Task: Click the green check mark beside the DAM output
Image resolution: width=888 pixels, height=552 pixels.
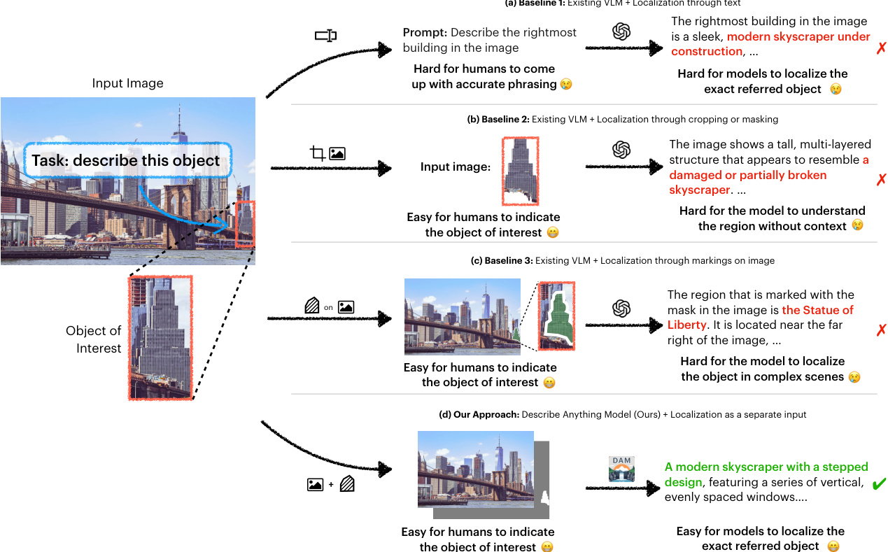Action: coord(880,483)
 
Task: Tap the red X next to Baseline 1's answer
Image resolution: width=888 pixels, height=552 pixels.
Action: coord(881,48)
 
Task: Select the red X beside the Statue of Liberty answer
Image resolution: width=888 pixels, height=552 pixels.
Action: coord(881,330)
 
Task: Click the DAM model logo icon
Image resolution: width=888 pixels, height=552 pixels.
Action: coord(621,468)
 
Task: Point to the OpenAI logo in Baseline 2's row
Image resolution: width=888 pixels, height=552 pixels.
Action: coord(621,150)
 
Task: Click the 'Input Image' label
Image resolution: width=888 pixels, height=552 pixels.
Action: coord(127,83)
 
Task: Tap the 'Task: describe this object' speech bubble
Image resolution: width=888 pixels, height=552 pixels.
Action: coord(126,160)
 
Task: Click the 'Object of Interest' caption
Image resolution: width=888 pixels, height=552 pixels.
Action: coord(94,339)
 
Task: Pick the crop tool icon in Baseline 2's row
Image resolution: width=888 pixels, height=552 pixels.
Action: coord(318,153)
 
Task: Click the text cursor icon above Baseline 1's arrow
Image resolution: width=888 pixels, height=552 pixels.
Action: coord(325,36)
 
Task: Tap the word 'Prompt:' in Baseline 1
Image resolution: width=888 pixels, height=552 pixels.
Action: coord(425,33)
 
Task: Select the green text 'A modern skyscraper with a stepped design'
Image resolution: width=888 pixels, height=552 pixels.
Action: coord(766,474)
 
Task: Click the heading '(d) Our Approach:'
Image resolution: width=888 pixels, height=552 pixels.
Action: coord(479,415)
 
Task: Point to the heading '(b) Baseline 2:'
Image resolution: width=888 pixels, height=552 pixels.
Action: coord(498,120)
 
